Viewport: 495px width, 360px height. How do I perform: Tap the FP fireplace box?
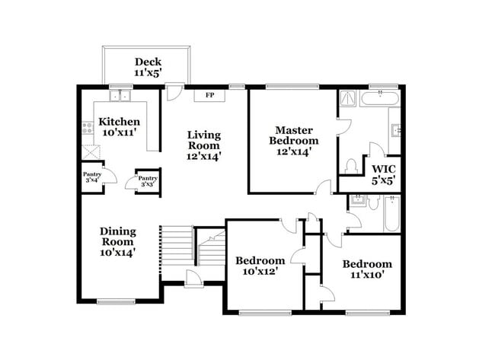209,96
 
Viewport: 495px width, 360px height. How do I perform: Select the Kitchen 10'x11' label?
120,127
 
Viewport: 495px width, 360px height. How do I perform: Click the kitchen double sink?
120,96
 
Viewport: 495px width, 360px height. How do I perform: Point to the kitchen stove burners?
88,129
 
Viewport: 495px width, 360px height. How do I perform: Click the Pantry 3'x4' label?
91,178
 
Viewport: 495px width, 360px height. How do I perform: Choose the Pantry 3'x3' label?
146,182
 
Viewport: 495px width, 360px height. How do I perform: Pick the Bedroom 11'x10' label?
367,269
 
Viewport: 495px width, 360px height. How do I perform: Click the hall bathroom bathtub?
391,215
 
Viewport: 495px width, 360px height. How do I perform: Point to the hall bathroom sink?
357,201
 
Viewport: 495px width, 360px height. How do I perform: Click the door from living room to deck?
174,92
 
